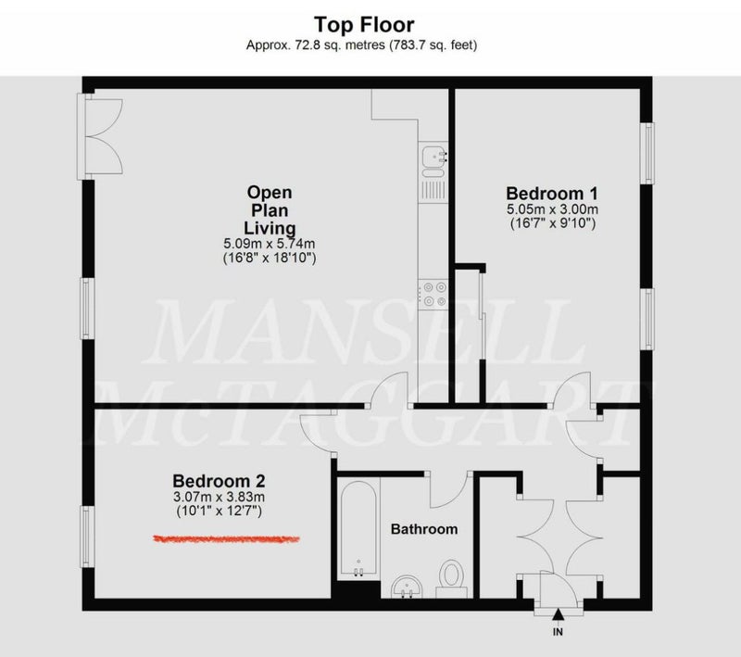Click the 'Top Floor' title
coord(364,25)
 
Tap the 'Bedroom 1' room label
coord(551,194)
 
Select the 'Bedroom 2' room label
coord(219,481)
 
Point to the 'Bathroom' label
coord(424,529)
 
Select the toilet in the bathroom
coord(452,578)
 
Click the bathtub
coord(358,528)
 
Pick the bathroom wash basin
coord(407,586)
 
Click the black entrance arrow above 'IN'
coord(559,614)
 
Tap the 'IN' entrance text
coord(559,632)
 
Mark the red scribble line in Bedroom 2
coord(226,538)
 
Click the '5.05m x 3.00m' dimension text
coord(552,208)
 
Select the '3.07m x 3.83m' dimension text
coord(219,497)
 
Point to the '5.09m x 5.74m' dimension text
coord(270,244)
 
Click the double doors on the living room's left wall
coord(100,136)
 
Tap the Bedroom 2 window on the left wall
coord(86,537)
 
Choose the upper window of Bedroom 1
coord(647,153)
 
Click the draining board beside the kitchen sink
coord(433,191)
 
